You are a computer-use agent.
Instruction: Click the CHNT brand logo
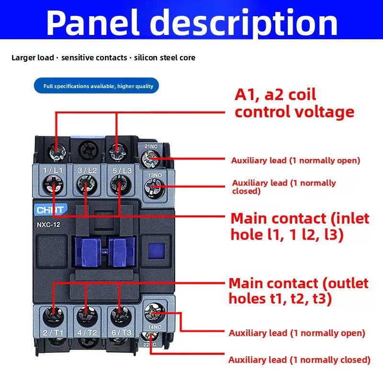[x=50, y=210]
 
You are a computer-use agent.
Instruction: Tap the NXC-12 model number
[x=48, y=225]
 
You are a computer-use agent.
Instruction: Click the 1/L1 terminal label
[x=53, y=170]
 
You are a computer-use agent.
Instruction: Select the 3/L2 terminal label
[x=87, y=170]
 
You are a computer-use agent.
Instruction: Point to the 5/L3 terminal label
[x=122, y=170]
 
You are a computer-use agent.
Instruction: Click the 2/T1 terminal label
[x=53, y=332]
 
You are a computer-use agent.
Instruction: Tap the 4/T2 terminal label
[x=87, y=332]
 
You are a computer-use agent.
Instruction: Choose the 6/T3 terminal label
[x=122, y=332]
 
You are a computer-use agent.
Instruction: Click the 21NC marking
[x=151, y=146]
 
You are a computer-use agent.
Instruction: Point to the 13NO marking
[x=155, y=175]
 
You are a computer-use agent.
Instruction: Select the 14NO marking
[x=155, y=327]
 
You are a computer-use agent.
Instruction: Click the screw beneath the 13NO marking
[x=154, y=188]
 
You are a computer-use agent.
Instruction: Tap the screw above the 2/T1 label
[x=53, y=317]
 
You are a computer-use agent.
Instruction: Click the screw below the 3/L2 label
[x=87, y=185]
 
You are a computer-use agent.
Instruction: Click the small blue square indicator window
[x=157, y=250]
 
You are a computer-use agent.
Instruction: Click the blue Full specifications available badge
[x=97, y=86]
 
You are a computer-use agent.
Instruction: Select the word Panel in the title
[x=92, y=23]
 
